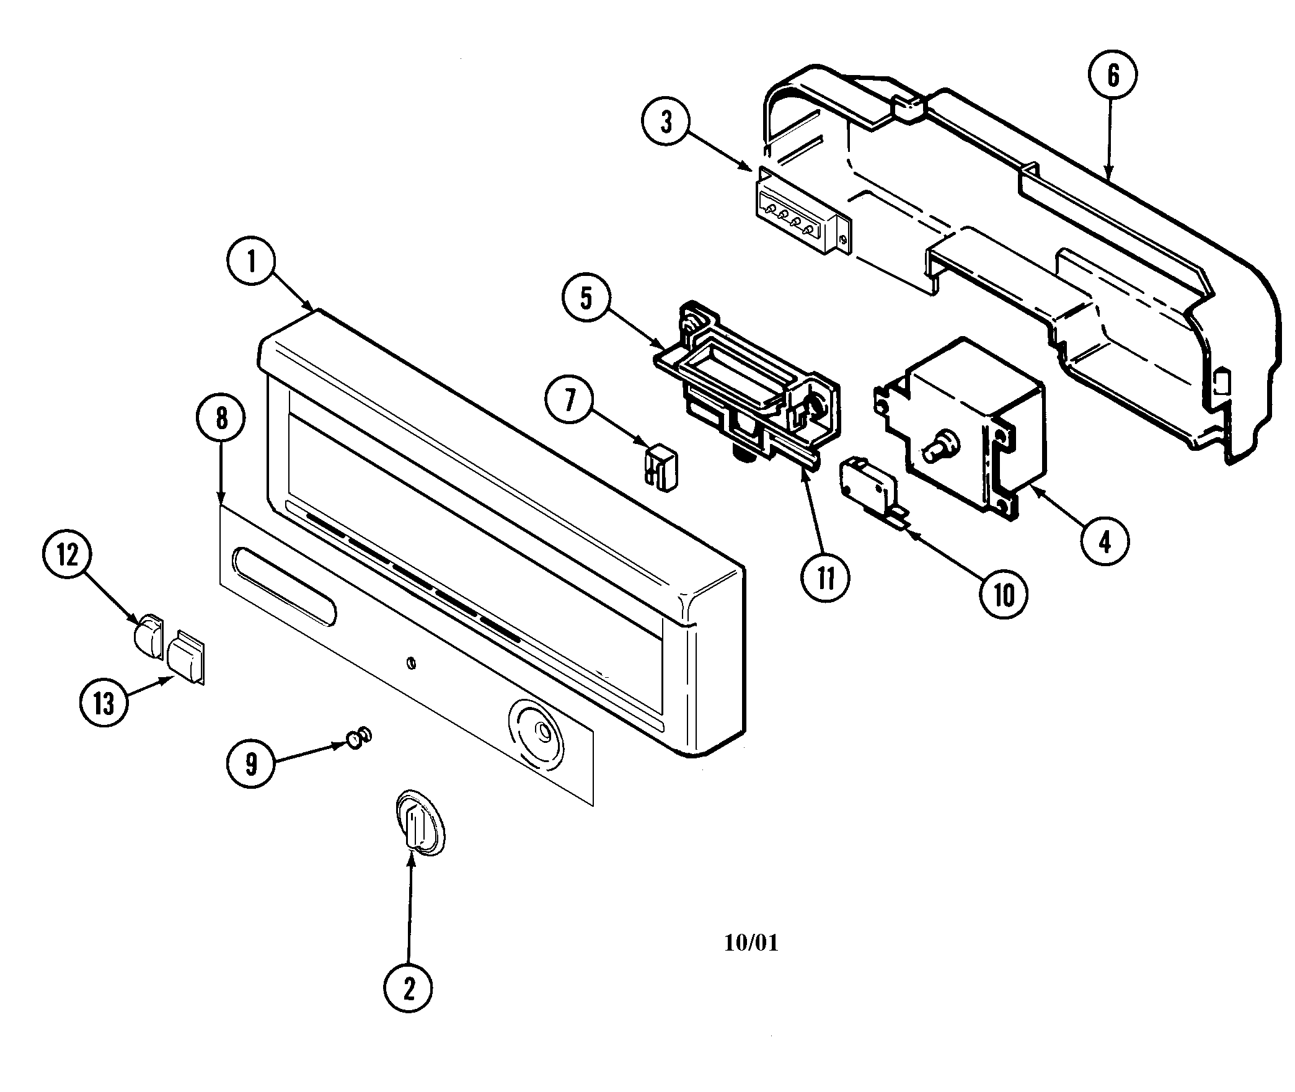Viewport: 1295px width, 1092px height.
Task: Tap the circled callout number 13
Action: (x=104, y=704)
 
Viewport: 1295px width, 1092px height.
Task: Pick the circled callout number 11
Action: (x=825, y=577)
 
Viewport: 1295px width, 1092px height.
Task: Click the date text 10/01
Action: (x=751, y=943)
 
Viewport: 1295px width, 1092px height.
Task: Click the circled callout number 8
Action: (x=221, y=419)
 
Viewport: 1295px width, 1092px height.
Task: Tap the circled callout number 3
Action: (x=666, y=122)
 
